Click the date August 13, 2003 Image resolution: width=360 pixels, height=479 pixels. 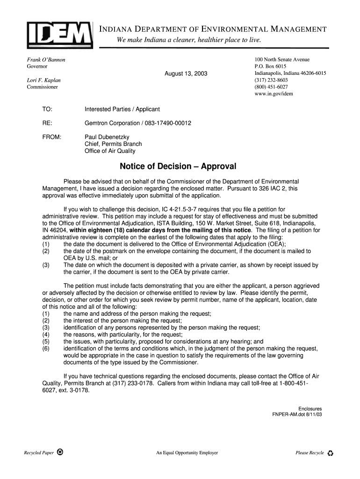pos(186,74)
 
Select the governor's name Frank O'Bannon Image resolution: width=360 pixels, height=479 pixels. pos(46,60)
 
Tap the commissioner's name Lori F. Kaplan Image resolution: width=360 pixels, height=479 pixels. pos(43,80)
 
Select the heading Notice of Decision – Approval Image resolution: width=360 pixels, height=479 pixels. pos(178,167)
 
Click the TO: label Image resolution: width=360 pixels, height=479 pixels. pos(47,109)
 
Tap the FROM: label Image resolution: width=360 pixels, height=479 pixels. pos(51,137)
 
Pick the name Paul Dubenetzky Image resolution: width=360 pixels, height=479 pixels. pos(107,137)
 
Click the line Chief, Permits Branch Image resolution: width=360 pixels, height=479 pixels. pos(113,144)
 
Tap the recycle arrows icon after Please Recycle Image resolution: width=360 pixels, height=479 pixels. pos(331,453)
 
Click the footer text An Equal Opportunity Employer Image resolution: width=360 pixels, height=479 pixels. pos(187,453)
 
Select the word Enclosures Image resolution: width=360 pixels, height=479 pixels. pos(310,409)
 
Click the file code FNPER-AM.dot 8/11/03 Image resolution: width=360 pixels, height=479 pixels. pos(297,415)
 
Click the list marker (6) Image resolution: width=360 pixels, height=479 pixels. pos(46,348)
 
